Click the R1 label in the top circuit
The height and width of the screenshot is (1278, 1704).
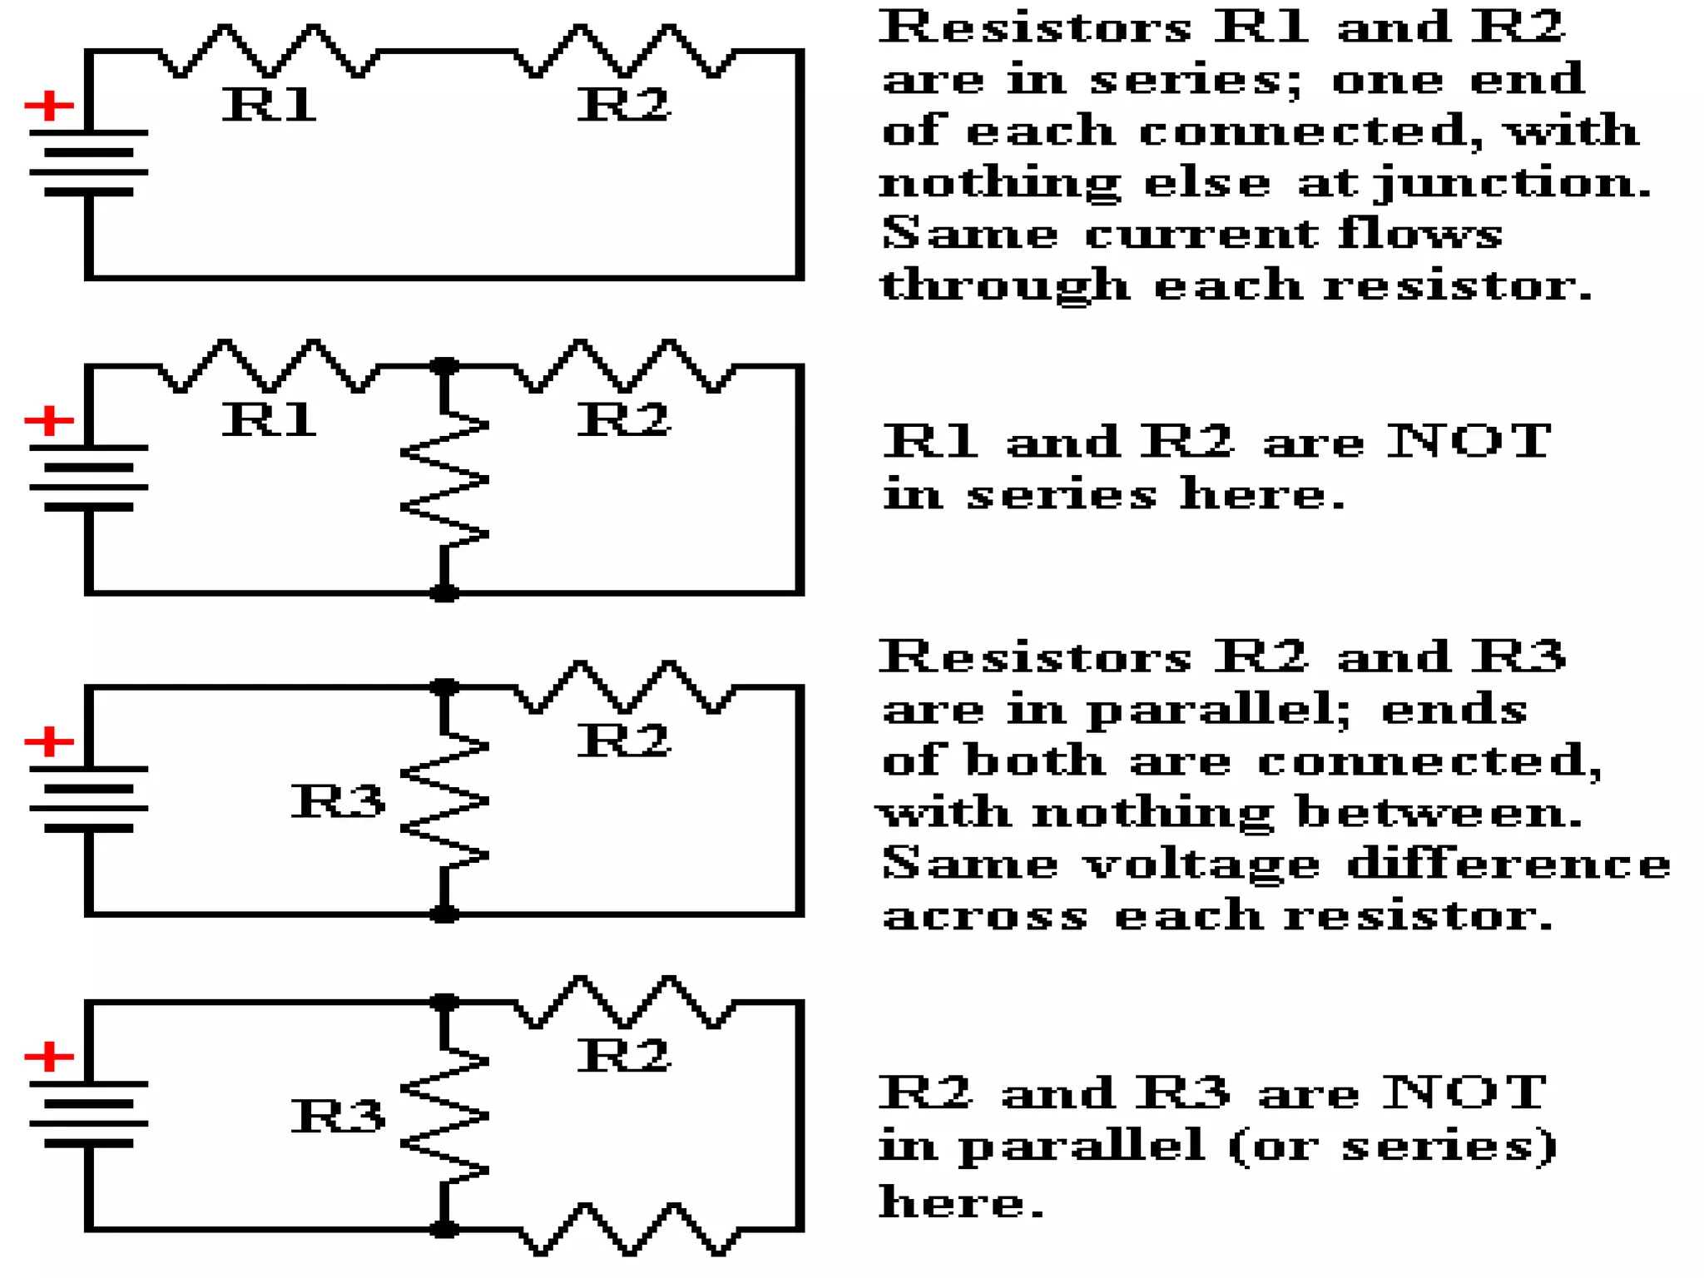(268, 105)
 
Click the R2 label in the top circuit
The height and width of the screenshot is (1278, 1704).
(623, 105)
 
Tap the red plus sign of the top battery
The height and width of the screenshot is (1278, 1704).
(49, 106)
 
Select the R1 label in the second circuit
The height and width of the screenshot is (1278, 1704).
(268, 419)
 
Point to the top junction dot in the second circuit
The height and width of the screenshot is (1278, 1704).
(444, 365)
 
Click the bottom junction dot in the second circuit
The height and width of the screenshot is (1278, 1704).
(444, 593)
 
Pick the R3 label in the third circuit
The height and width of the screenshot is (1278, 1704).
(338, 801)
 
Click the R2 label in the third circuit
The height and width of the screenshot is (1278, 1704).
(623, 741)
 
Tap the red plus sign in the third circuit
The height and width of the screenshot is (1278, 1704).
(49, 741)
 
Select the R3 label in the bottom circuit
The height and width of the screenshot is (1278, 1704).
(338, 1116)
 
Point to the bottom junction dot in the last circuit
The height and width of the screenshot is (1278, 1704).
(444, 1229)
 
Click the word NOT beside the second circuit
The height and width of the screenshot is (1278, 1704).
(1468, 440)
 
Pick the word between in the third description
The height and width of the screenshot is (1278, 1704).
(1439, 813)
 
